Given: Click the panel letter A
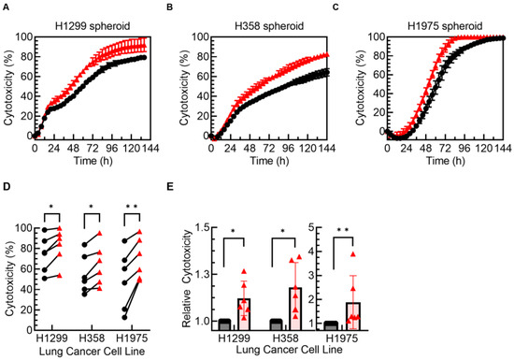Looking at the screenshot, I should [5, 7].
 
